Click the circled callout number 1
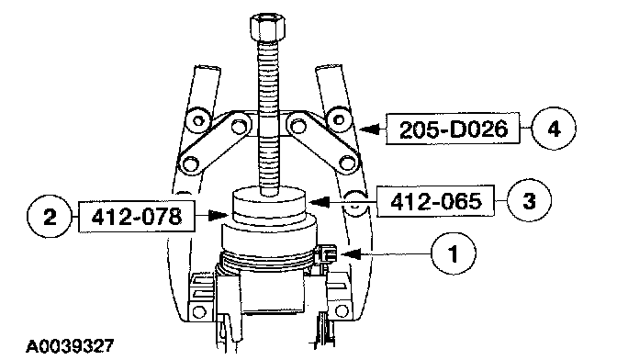pyautogui.click(x=454, y=253)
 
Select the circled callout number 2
pyautogui.click(x=50, y=217)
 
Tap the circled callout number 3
pyautogui.click(x=529, y=201)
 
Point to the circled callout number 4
pyautogui.click(x=554, y=129)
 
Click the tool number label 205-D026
pyautogui.click(x=453, y=129)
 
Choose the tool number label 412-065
pyautogui.click(x=435, y=201)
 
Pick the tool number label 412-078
pyautogui.click(x=137, y=217)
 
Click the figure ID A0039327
pyautogui.click(x=70, y=346)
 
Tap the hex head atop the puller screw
pyautogui.click(x=267, y=28)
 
